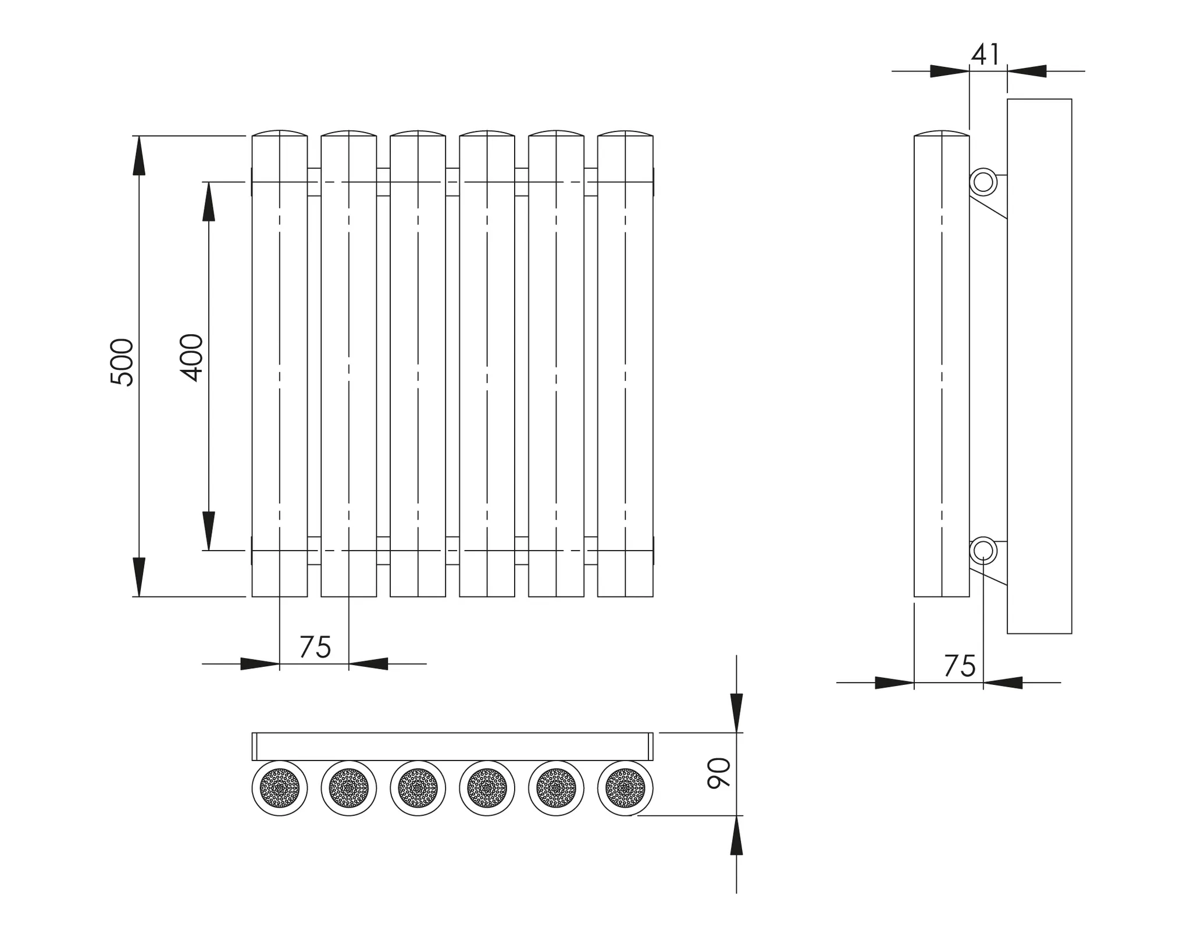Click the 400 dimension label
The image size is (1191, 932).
[192, 358]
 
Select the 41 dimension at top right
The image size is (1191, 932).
[986, 55]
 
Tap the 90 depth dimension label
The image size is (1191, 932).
[719, 773]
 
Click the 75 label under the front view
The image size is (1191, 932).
[315, 647]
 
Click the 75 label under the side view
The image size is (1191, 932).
[960, 666]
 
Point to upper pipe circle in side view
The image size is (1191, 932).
[983, 182]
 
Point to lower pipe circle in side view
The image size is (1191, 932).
[983, 550]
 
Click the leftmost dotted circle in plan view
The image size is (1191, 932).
[280, 788]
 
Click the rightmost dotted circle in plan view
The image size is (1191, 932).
[625, 788]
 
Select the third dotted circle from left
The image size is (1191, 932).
[418, 788]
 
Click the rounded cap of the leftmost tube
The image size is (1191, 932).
[280, 133]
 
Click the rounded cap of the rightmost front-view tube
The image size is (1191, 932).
[625, 133]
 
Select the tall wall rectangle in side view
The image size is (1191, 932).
[1039, 366]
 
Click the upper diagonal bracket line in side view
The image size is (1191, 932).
[988, 208]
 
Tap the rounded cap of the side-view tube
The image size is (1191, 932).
[942, 133]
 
